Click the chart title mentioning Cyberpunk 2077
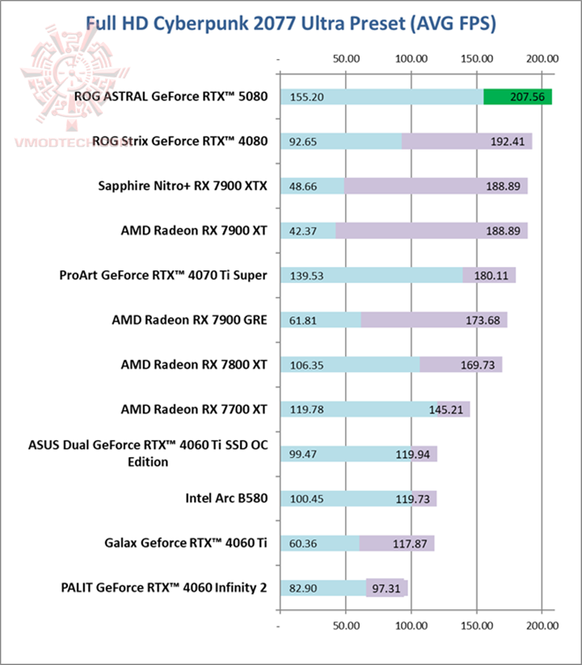coord(290,23)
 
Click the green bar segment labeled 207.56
coord(517,96)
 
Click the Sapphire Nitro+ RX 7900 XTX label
coord(181,185)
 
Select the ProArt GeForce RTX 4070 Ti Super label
coord(163,274)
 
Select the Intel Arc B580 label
coord(226,498)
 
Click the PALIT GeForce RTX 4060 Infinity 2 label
coord(163,587)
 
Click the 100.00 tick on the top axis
coord(411,58)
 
